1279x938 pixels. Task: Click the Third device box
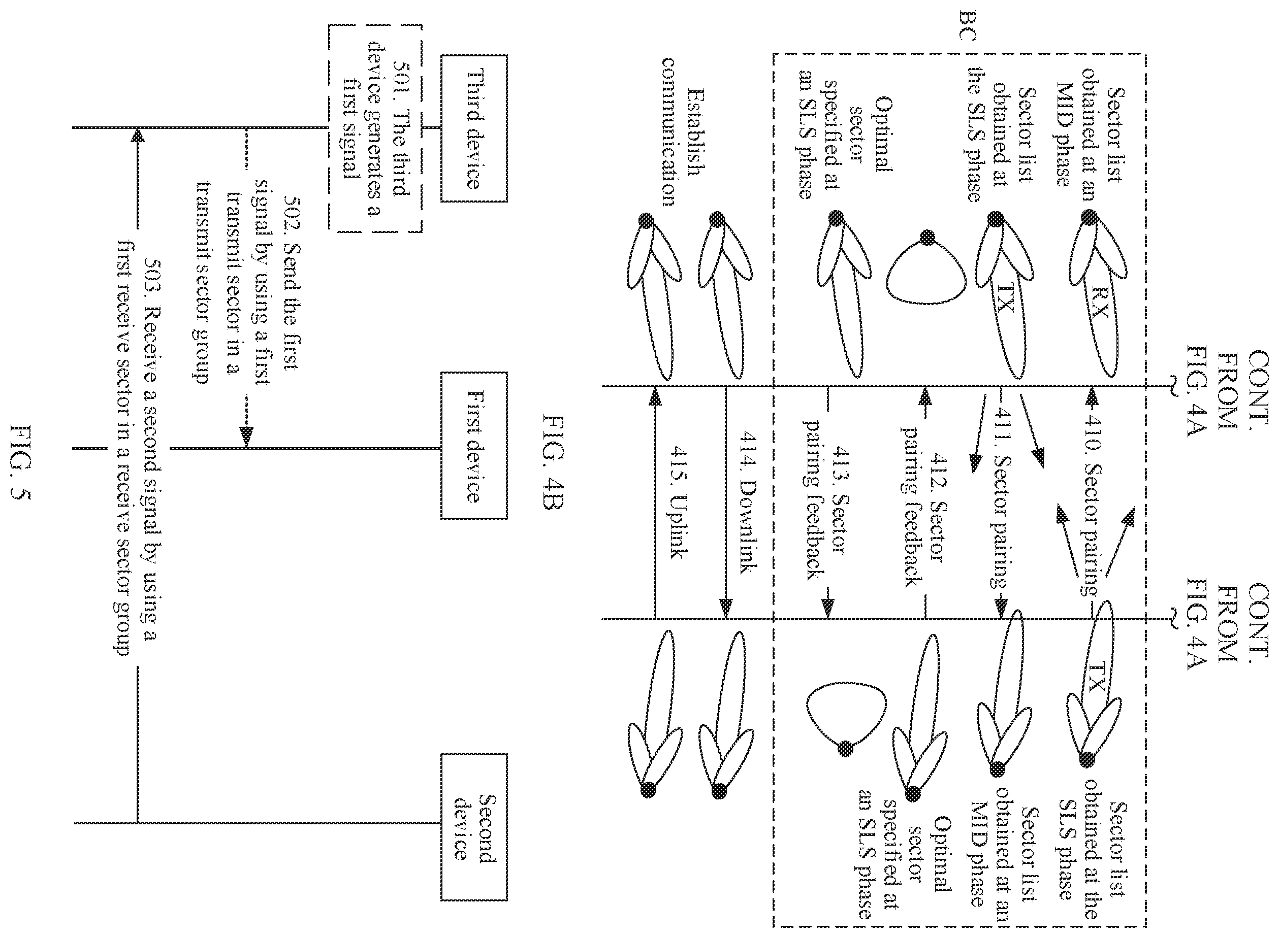[474, 128]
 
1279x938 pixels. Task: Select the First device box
[474, 446]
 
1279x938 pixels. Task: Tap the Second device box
[474, 827]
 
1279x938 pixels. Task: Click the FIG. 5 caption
[23, 463]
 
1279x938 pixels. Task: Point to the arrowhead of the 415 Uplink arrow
[655, 396]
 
